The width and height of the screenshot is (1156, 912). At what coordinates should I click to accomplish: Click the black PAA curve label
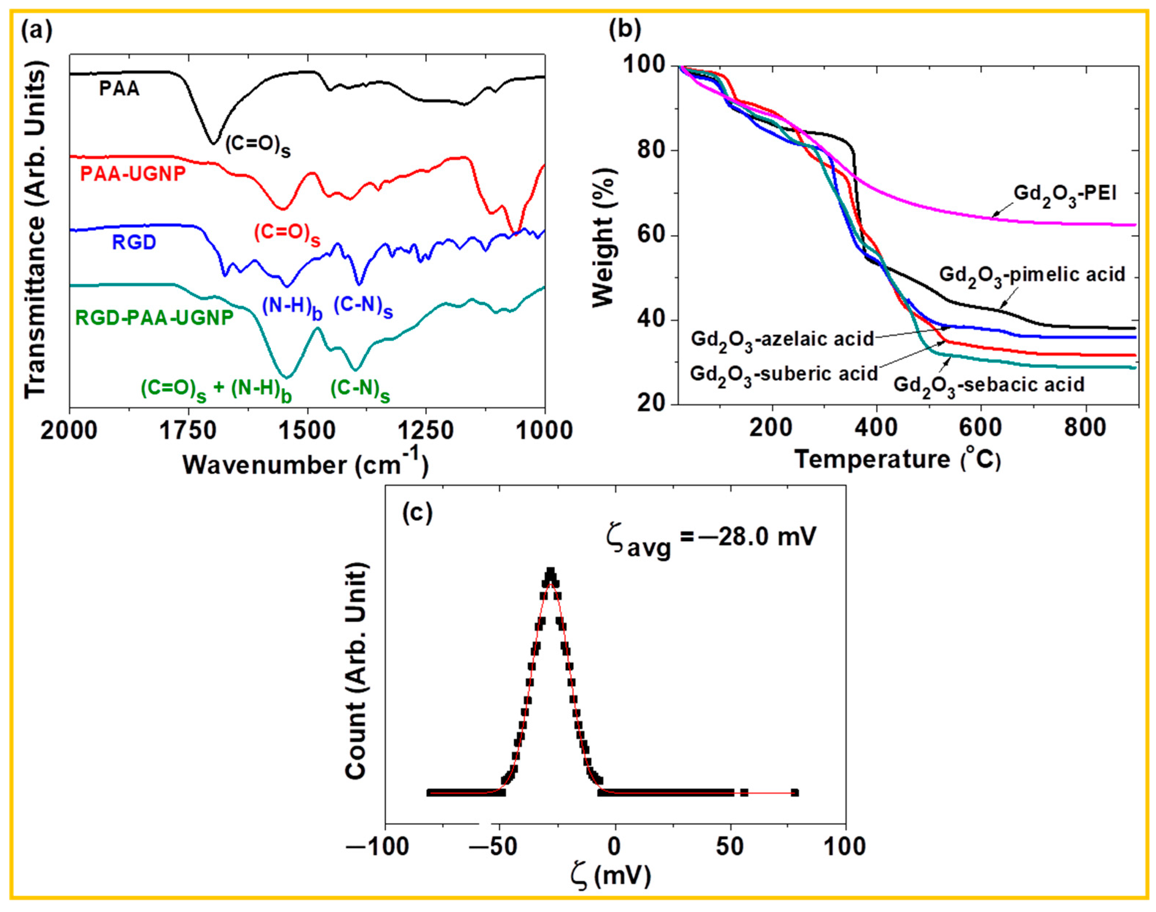(x=119, y=88)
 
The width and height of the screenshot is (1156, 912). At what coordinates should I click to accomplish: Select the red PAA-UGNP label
(x=133, y=174)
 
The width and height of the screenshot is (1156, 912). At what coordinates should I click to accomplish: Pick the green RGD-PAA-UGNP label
(x=154, y=318)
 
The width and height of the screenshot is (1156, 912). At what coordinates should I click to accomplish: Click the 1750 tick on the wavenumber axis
(x=188, y=431)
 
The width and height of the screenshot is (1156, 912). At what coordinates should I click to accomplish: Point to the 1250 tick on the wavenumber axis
(x=426, y=431)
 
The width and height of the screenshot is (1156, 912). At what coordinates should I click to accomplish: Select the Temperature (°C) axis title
(x=897, y=460)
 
